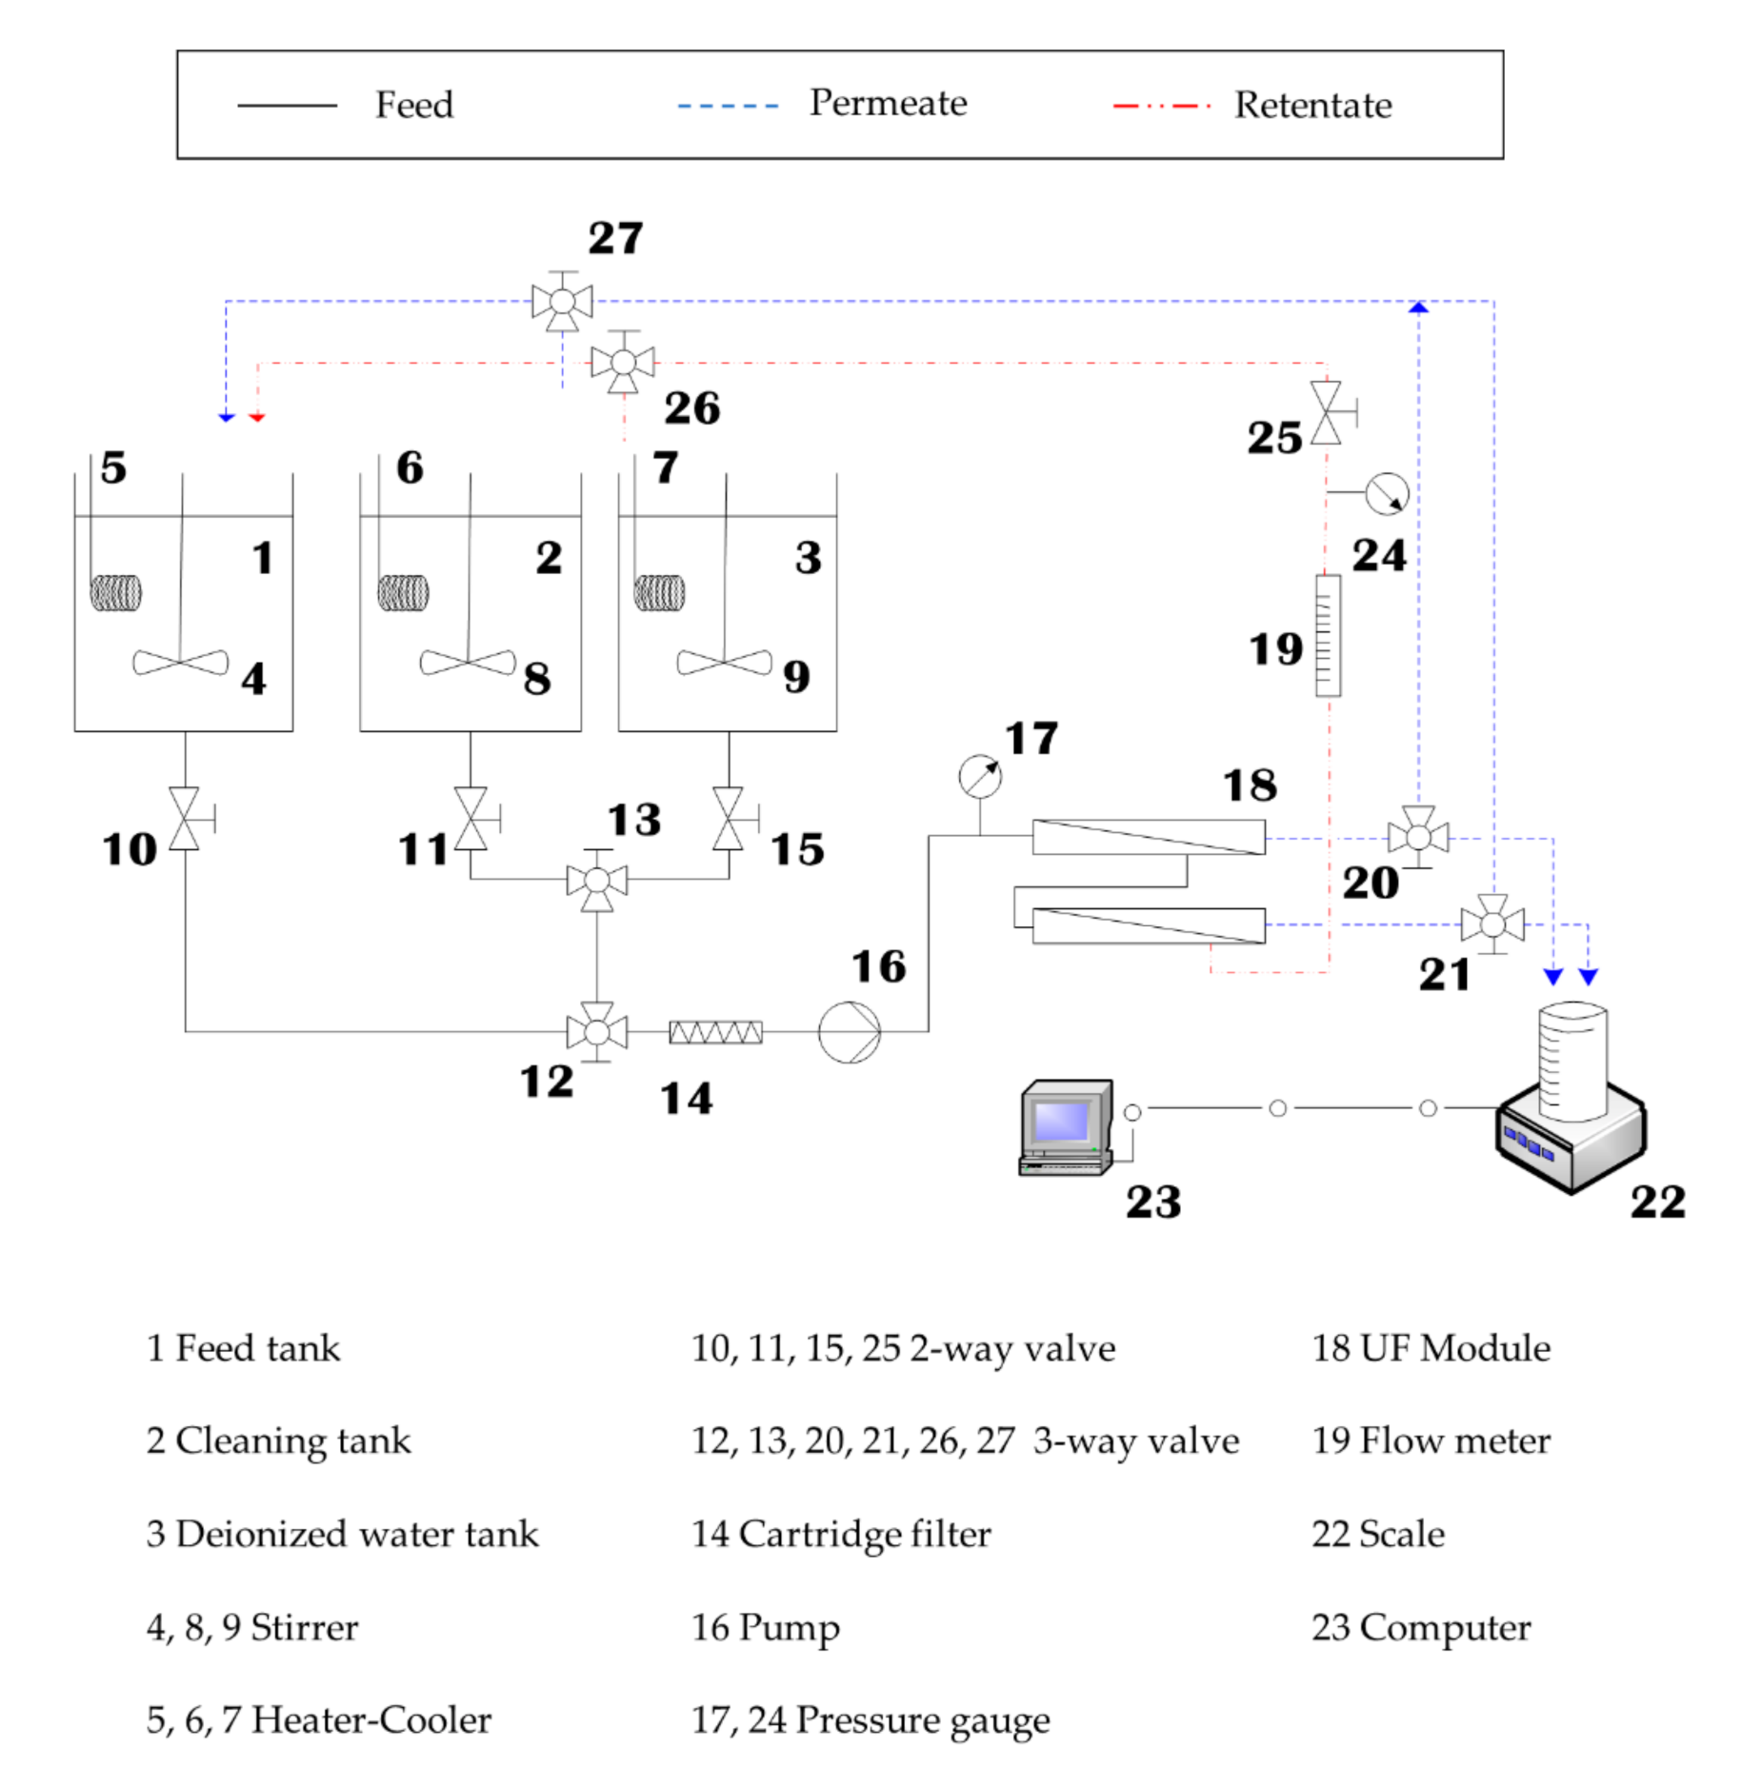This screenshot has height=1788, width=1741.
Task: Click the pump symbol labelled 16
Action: [848, 1031]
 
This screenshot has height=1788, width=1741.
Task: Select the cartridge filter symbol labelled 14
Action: [715, 1031]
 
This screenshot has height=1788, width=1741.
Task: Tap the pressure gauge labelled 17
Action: [979, 777]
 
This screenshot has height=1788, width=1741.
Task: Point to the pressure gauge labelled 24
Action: [1386, 493]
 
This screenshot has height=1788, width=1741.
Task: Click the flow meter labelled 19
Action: [1328, 635]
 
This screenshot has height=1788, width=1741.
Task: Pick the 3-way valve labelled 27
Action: [562, 302]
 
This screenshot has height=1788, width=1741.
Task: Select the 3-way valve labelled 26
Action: [623, 363]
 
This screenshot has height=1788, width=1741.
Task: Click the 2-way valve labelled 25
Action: [1326, 413]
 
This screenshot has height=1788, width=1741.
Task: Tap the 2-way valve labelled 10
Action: [185, 818]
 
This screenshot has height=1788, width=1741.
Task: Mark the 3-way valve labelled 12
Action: [597, 1031]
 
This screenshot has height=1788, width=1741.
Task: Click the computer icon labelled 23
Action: [1066, 1126]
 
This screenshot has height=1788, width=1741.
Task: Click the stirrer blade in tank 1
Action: [180, 662]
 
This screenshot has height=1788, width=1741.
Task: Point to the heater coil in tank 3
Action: [659, 592]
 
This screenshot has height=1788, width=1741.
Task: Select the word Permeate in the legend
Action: [888, 103]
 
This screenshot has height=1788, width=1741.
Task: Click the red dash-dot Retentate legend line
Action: [1161, 106]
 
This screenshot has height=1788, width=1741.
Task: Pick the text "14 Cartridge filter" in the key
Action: [841, 1534]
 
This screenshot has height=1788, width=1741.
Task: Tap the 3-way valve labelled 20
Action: [1418, 837]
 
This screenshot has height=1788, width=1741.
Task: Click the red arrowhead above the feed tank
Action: [256, 417]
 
